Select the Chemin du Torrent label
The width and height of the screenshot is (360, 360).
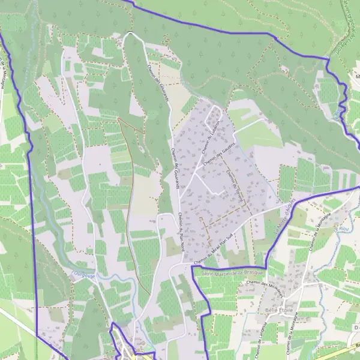click(x=233, y=183)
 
